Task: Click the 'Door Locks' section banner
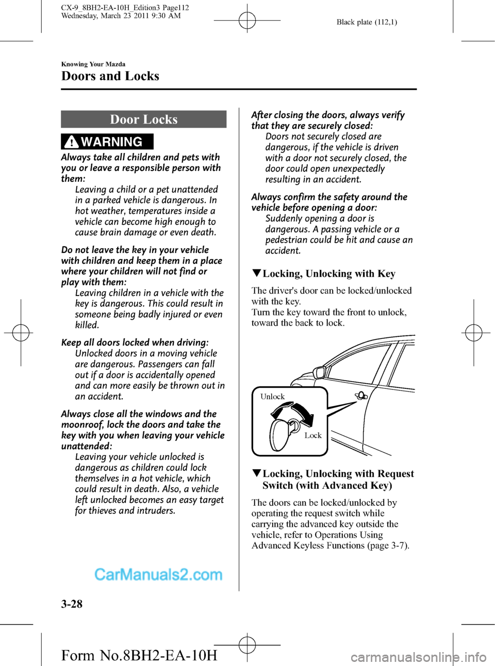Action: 143,119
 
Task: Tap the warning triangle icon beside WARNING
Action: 72,142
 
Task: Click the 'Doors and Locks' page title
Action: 110,76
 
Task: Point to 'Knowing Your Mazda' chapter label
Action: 93,64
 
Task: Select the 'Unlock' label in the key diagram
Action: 272,397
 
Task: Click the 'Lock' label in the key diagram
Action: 312,435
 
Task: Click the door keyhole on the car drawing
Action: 361,396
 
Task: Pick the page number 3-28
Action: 72,604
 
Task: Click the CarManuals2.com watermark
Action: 158,574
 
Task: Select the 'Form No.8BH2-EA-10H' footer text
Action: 139,655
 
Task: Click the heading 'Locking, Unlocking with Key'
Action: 328,274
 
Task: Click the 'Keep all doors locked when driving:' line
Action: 135,343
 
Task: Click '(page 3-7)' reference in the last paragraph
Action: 388,545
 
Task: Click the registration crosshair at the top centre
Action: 247,21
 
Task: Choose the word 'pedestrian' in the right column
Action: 288,240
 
